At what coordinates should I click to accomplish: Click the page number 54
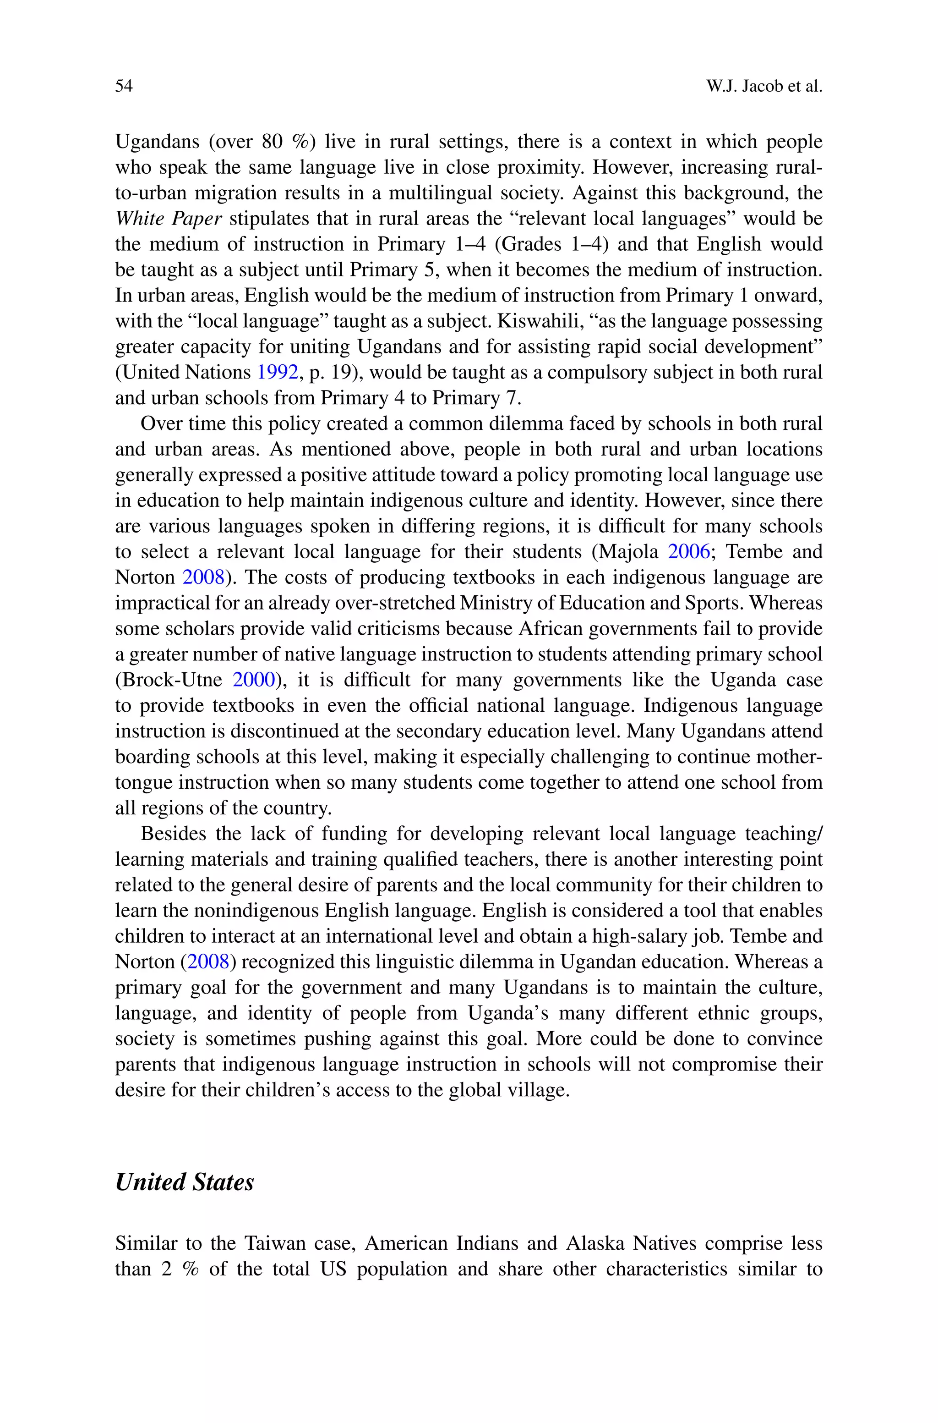coord(124,86)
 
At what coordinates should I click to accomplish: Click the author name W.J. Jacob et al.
coord(764,86)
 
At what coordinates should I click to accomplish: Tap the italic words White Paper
coord(168,219)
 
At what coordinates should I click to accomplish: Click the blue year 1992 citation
coord(277,373)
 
